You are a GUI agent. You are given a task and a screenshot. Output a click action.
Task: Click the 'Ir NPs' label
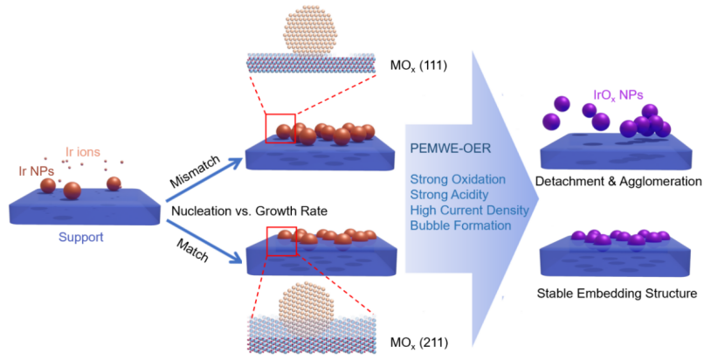point(38,170)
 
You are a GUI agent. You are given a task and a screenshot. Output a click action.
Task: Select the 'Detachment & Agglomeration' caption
point(622,182)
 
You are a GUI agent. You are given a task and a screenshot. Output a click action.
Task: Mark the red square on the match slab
point(282,239)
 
